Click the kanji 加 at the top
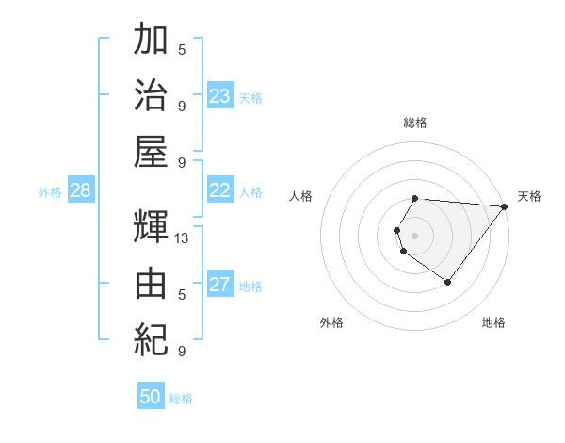pyautogui.click(x=151, y=41)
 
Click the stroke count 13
pyautogui.click(x=182, y=238)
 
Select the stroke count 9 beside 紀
pyautogui.click(x=182, y=352)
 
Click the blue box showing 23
pyautogui.click(x=219, y=96)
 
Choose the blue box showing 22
pyautogui.click(x=219, y=190)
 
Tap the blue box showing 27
pyautogui.click(x=219, y=285)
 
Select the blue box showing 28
pyautogui.click(x=80, y=190)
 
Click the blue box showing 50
pyautogui.click(x=151, y=397)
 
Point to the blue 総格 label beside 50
pyautogui.click(x=181, y=399)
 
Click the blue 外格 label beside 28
pyautogui.click(x=50, y=192)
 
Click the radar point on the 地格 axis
pyautogui.click(x=447, y=282)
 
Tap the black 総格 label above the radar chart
pyautogui.click(x=415, y=123)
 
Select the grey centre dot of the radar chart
pyautogui.click(x=414, y=235)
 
